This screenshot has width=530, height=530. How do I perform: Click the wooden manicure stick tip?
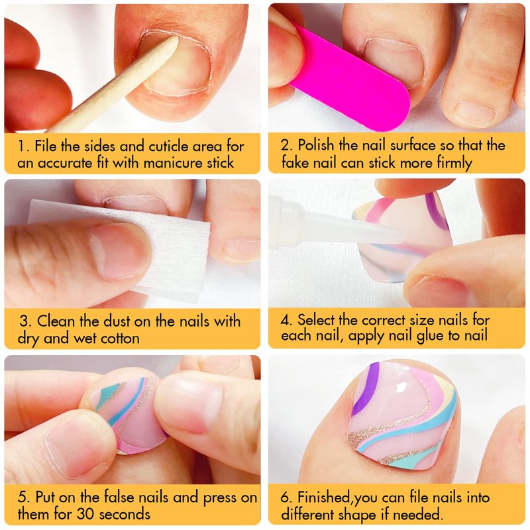175,40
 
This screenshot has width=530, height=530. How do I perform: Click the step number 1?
22,146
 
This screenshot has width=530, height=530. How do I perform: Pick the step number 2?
285,145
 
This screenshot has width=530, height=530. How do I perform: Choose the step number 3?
24,321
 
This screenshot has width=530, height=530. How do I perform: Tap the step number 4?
286,320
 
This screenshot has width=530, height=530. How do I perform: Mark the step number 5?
23,498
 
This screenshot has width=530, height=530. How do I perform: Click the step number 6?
286,498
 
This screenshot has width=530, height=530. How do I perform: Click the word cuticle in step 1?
169,146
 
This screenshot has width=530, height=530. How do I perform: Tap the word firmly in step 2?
454,164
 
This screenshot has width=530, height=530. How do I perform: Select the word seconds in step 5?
125,515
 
